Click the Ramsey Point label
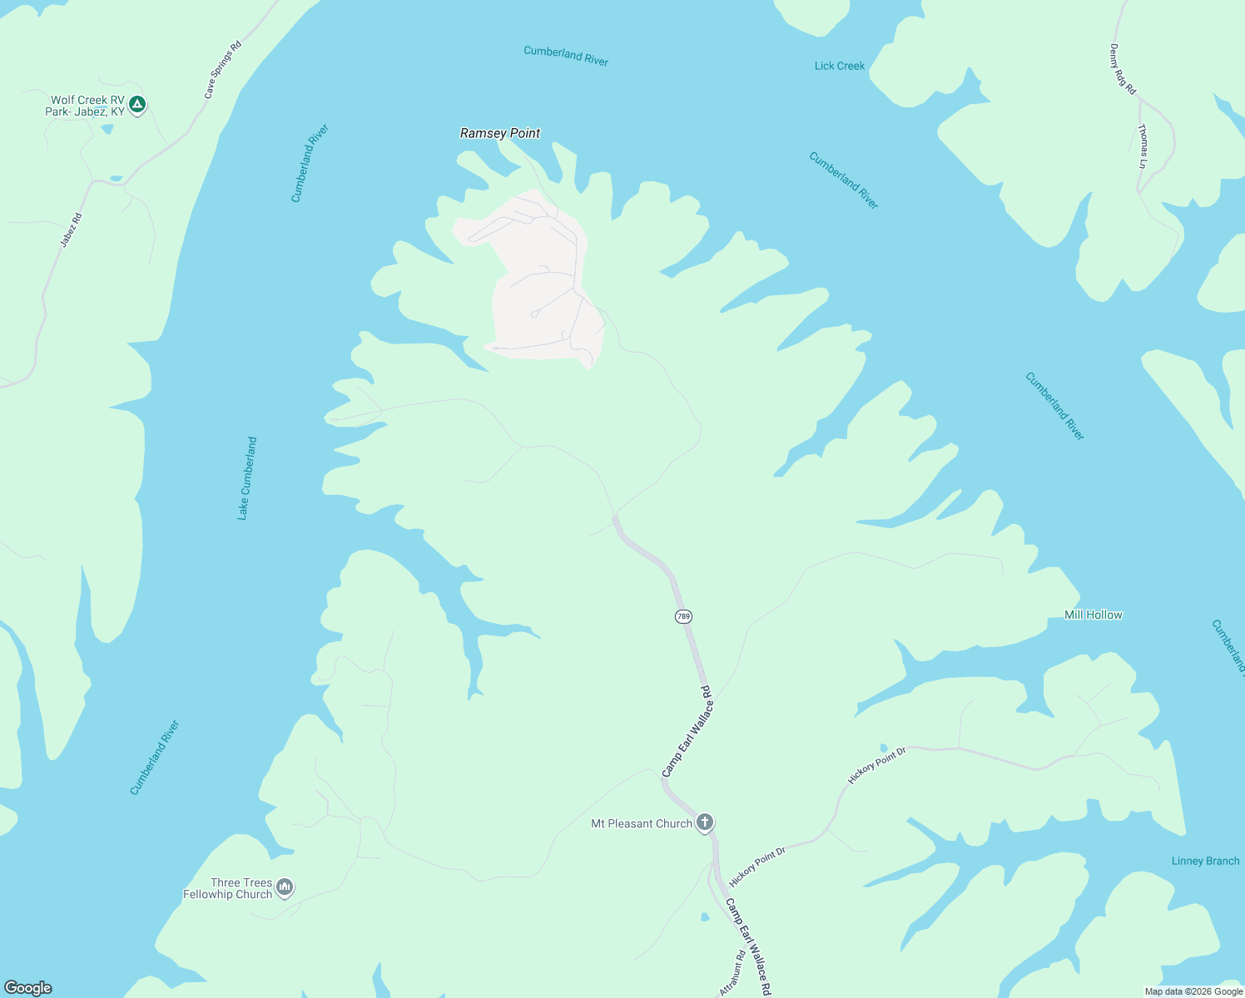tap(500, 133)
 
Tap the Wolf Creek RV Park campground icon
tap(138, 105)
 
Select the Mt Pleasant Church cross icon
tap(705, 823)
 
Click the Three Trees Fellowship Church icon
tap(285, 887)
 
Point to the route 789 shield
tap(683, 616)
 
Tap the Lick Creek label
tap(840, 66)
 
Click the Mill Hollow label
tap(1094, 615)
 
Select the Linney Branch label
tap(1205, 861)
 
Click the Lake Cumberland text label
tap(247, 478)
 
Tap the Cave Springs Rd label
tap(222, 70)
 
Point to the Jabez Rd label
tap(72, 230)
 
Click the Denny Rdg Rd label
tap(1123, 69)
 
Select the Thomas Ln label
tap(1143, 146)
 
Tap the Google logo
tap(28, 988)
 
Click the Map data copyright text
tap(1193, 991)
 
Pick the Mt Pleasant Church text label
tap(642, 823)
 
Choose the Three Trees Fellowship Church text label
tap(229, 888)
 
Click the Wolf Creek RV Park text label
tap(87, 106)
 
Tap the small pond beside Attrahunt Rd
tap(705, 917)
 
